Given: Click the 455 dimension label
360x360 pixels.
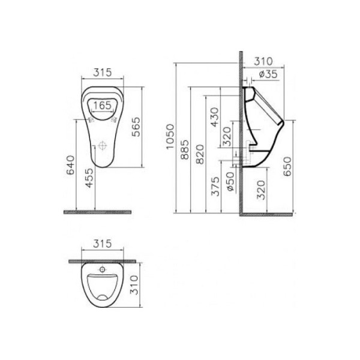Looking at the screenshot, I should click(89, 178).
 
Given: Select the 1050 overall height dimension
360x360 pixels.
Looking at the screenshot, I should click(170, 137).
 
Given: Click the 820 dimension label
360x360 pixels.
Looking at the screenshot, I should click(200, 155).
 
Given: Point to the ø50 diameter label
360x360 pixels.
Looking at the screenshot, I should click(230, 181).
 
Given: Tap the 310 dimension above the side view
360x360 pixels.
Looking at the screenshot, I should click(263, 61).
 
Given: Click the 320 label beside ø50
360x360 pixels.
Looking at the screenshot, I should click(259, 190).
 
